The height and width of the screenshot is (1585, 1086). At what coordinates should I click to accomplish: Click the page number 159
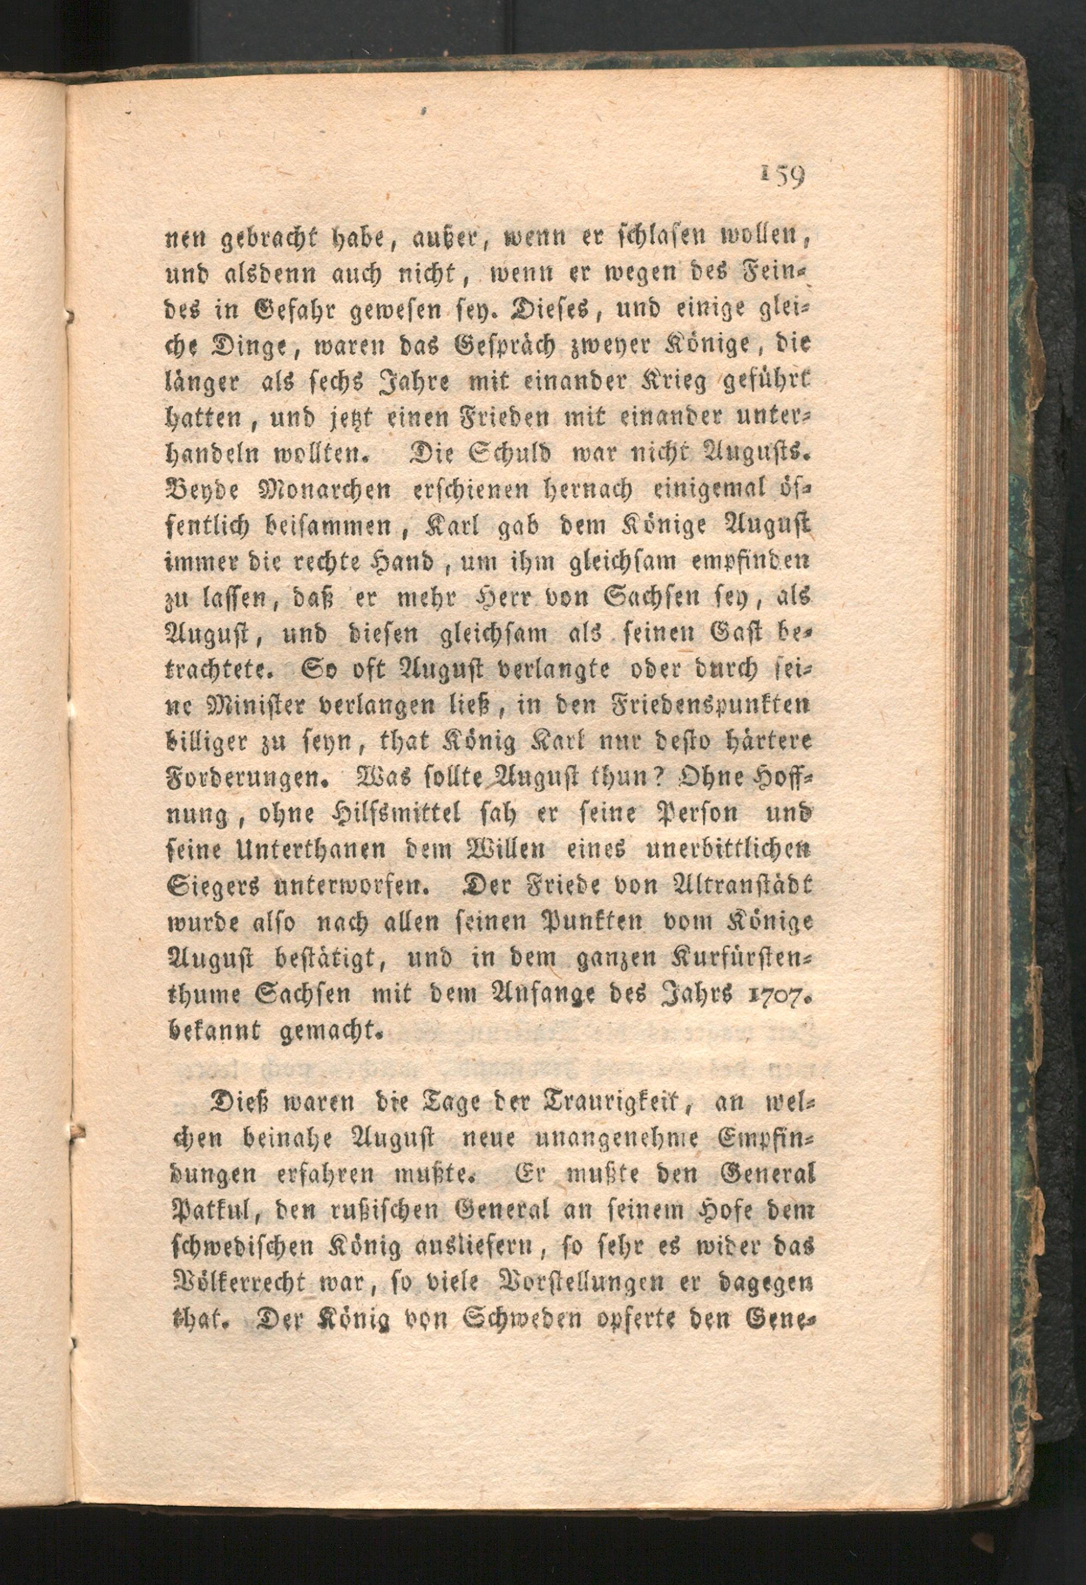(x=782, y=177)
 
